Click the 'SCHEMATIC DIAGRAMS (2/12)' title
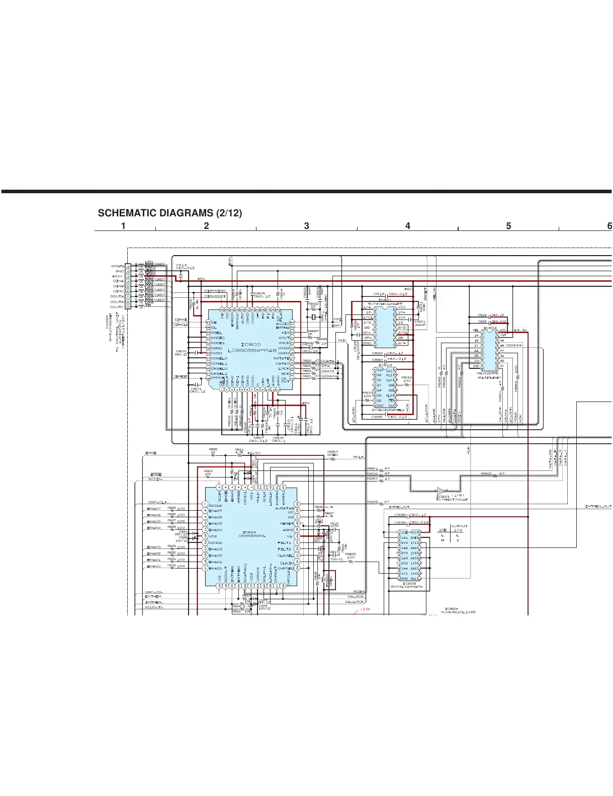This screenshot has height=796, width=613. [169, 213]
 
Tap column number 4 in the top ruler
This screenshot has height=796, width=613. [407, 226]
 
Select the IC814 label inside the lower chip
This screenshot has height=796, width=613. [249, 532]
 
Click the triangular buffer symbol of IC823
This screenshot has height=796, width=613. [441, 491]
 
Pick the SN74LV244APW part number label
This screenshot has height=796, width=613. [407, 586]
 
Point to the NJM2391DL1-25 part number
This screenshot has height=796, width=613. [458, 612]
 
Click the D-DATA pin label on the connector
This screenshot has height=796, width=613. [117, 266]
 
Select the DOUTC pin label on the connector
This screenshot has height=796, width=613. [117, 307]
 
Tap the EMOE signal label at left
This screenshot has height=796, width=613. [151, 453]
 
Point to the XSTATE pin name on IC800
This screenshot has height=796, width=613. [281, 358]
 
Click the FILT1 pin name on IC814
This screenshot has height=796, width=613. [284, 543]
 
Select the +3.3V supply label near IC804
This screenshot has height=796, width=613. [520, 330]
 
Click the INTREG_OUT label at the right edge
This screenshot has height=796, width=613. [598, 506]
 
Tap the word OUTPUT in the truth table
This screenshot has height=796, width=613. [459, 526]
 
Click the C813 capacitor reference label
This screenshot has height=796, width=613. [181, 265]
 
